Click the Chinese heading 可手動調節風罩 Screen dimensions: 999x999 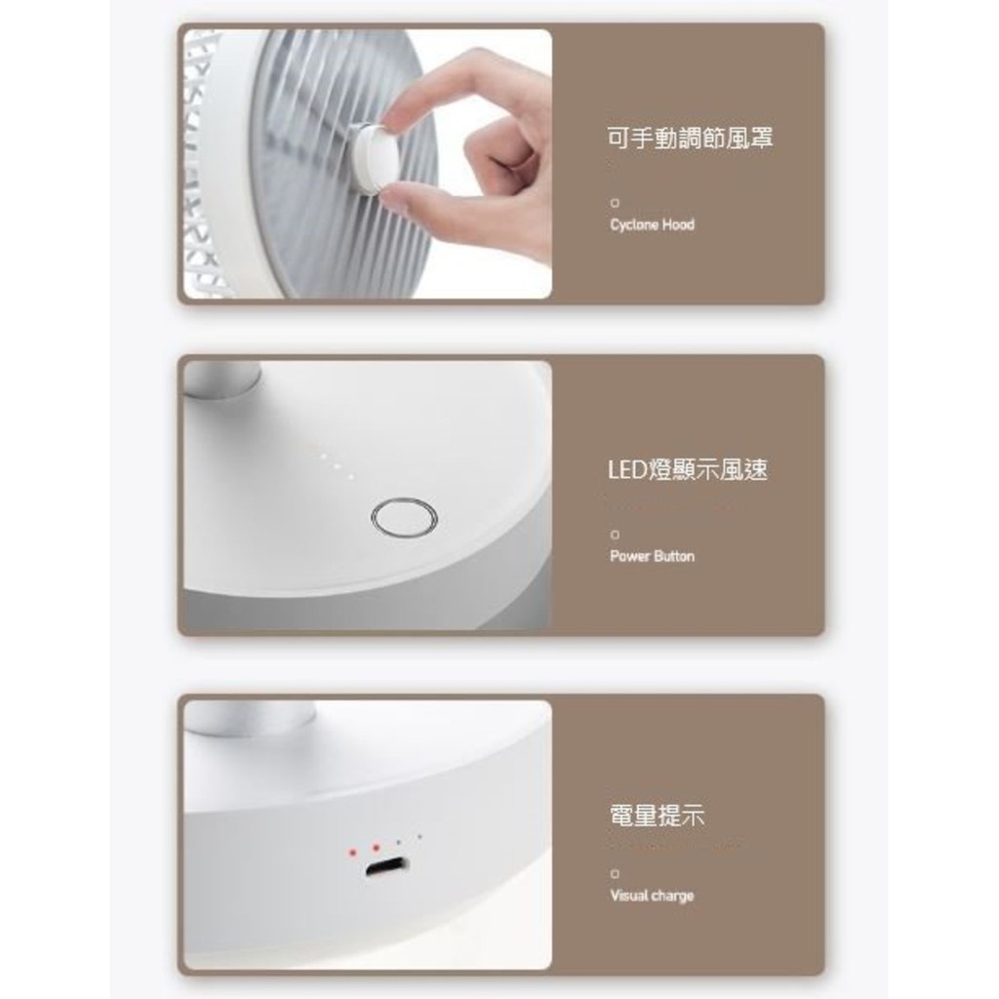point(690,139)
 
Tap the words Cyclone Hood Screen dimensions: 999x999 point(652,224)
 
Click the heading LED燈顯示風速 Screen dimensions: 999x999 point(687,470)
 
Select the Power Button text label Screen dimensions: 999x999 point(652,556)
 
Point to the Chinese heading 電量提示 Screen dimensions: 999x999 point(656,816)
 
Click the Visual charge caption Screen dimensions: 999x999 point(652,896)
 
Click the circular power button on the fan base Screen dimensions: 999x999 point(404,517)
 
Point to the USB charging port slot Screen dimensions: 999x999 point(386,867)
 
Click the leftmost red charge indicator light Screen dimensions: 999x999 point(352,852)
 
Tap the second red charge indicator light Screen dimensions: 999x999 point(375,847)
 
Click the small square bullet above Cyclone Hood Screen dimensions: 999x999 point(615,203)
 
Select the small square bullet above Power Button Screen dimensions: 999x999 point(615,535)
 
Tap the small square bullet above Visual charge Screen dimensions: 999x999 point(615,874)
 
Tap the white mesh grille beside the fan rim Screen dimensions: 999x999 point(200,166)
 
